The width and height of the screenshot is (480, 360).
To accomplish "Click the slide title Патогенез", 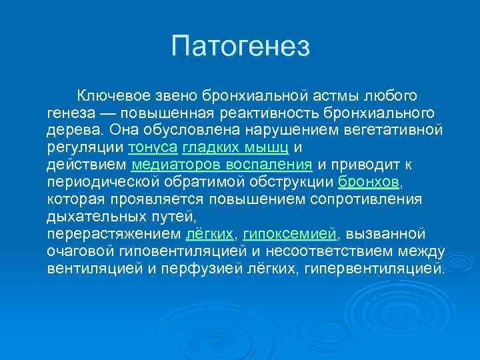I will (240, 46).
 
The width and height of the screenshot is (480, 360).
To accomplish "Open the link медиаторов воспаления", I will (222, 164).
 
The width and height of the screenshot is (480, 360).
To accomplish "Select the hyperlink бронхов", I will (369, 181).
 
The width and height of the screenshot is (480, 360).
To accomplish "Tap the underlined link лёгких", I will (209, 233).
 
